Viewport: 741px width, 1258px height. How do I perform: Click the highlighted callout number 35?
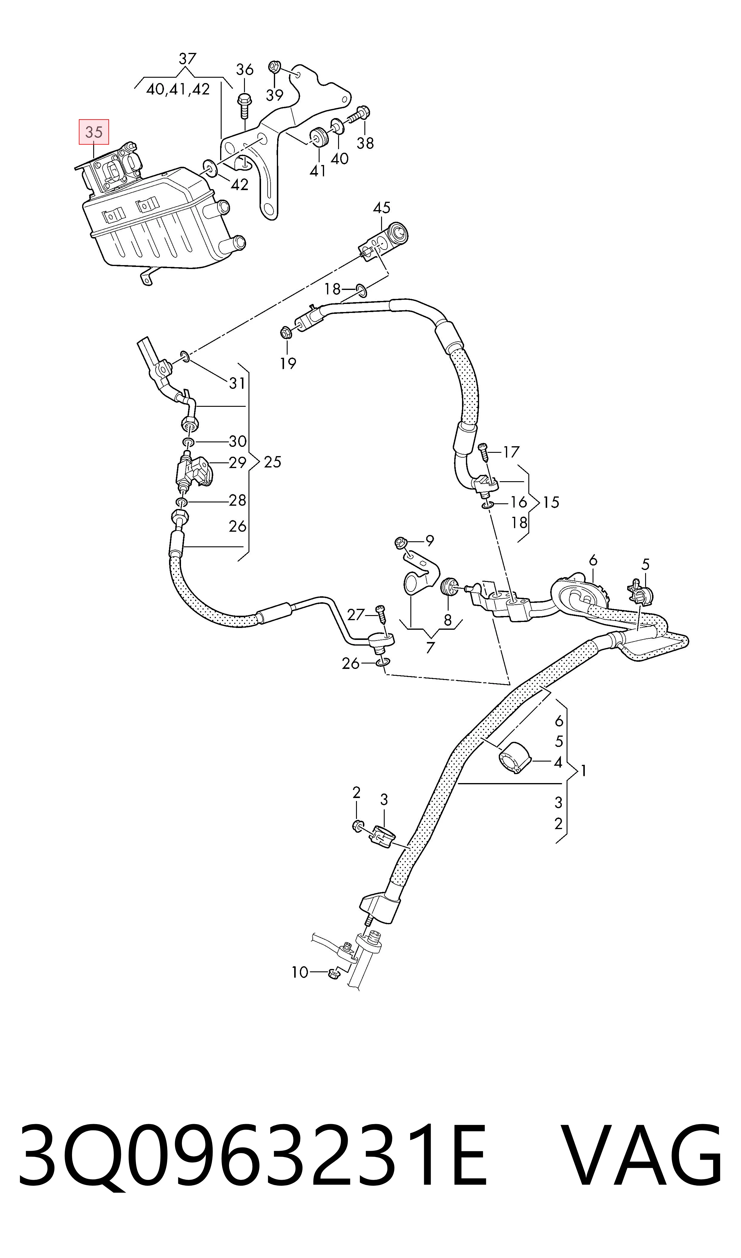click(94, 132)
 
